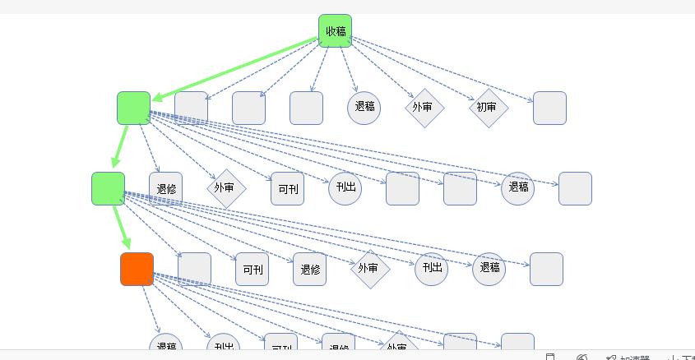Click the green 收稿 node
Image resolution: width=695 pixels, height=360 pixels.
(335, 31)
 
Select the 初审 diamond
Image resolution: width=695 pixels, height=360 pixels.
(489, 108)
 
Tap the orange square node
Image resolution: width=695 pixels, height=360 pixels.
(137, 270)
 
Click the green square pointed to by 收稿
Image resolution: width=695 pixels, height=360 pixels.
(133, 108)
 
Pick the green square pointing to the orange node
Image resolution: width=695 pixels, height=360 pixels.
(108, 188)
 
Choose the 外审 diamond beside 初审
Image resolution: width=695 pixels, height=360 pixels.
(424, 107)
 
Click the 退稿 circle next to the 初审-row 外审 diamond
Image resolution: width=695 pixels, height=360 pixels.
(364, 108)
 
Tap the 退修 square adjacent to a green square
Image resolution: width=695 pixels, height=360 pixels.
(165, 188)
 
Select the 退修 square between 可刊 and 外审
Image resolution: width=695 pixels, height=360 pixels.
(310, 270)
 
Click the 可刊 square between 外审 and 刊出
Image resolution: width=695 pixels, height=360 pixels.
(287, 189)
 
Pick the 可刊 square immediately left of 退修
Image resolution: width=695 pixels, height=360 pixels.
(252, 270)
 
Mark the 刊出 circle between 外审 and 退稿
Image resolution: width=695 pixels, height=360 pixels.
(431, 269)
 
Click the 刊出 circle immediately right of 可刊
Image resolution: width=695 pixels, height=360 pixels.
(345, 188)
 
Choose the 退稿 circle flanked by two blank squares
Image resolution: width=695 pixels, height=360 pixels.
(517, 188)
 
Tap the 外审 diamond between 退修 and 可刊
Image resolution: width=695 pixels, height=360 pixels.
(225, 187)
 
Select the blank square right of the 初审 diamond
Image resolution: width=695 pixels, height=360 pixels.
(549, 108)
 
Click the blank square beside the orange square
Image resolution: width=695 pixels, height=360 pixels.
(194, 269)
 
